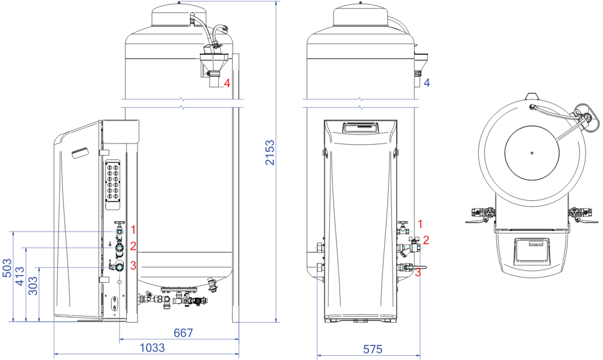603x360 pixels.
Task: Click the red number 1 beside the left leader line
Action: tap(133, 230)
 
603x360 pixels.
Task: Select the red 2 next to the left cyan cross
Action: tap(133, 246)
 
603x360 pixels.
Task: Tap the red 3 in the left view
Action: tap(133, 266)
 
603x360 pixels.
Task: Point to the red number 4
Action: tap(227, 83)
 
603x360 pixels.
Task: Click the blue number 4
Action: tap(426, 83)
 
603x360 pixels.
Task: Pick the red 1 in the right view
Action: tap(420, 224)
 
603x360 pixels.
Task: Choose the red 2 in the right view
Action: tap(426, 241)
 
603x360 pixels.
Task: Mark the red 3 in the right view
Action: tap(417, 273)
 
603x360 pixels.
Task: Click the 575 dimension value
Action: tap(373, 349)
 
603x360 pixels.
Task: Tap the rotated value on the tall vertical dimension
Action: tap(271, 153)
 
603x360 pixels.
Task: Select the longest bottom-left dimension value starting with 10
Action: tap(152, 348)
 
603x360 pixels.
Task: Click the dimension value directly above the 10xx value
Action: tap(183, 333)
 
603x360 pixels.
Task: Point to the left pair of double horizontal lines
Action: tap(181, 103)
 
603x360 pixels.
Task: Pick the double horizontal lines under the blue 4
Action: tap(360, 103)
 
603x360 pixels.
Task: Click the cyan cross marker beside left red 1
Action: tap(119, 232)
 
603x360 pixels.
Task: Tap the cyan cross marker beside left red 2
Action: tap(119, 248)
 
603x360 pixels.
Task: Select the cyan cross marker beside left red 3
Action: tap(119, 267)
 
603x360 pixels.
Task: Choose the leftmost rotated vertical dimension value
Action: tap(7, 268)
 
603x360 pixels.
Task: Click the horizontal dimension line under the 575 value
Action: tap(368, 356)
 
